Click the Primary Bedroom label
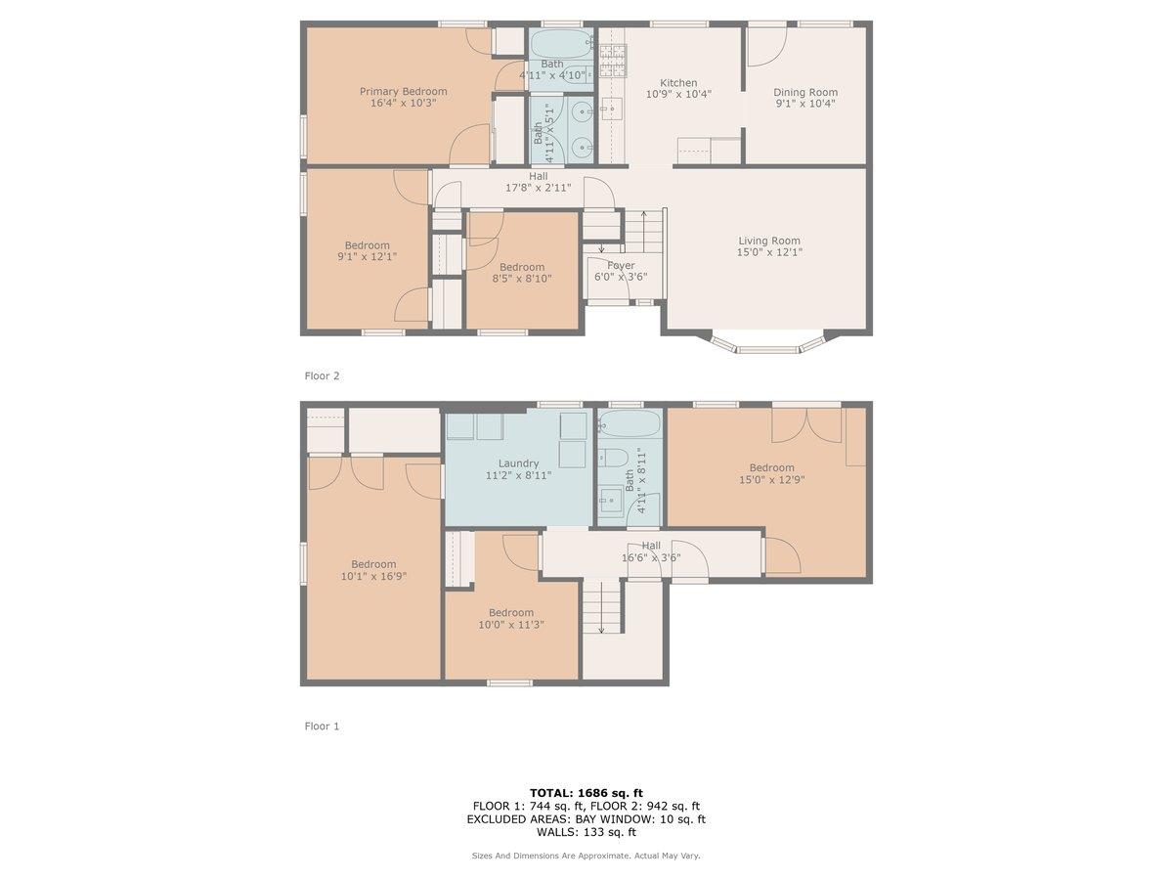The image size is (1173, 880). tap(403, 91)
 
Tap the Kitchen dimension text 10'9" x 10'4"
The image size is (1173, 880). tap(678, 95)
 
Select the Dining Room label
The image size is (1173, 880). tap(806, 92)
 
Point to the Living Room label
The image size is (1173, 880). tap(768, 241)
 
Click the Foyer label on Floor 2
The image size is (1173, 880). tap(621, 265)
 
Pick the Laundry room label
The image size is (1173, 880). tap(518, 463)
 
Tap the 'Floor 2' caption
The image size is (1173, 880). tap(322, 375)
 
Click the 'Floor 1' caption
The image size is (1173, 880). tap(322, 726)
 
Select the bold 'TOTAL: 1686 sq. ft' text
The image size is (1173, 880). tap(586, 792)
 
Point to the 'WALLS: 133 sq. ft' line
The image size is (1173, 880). tap(586, 832)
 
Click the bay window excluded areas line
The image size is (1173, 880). tap(586, 819)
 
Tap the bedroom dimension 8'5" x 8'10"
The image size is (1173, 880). tap(521, 279)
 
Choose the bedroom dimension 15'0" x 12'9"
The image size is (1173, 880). tap(771, 480)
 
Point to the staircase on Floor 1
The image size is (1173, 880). tap(602, 606)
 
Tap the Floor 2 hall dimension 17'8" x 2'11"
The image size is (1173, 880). tap(538, 188)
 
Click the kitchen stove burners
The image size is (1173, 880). tap(612, 61)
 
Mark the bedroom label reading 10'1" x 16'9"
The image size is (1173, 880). tap(373, 576)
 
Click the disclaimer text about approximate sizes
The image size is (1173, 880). tap(586, 856)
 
